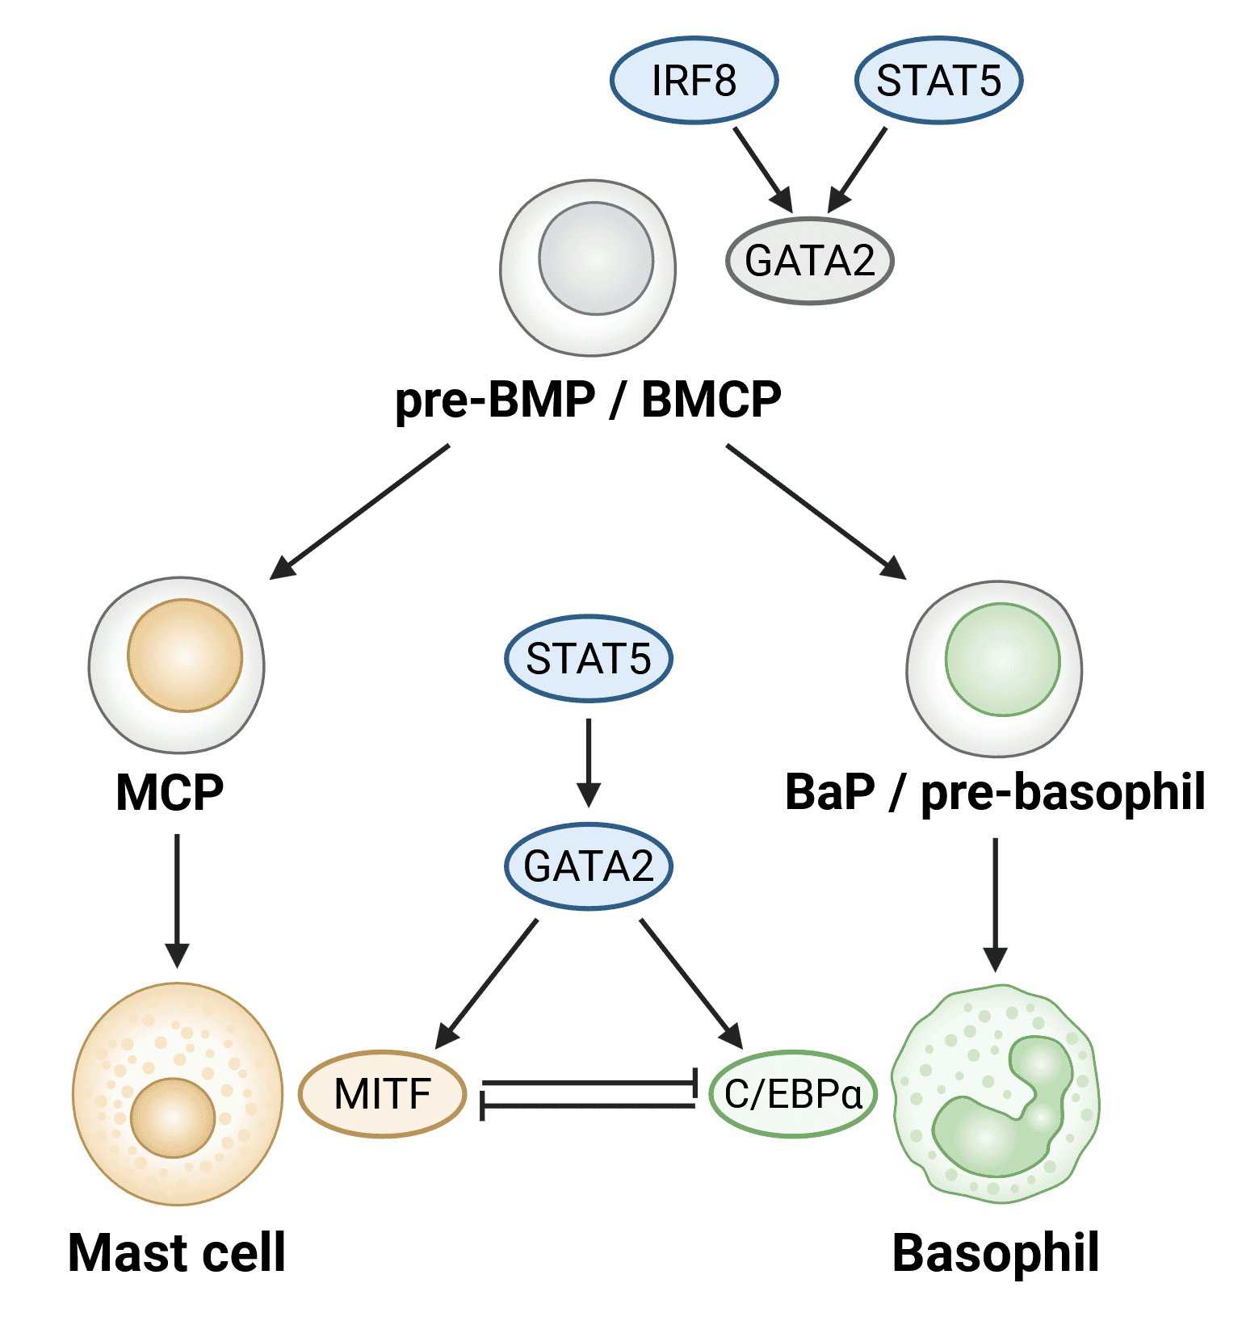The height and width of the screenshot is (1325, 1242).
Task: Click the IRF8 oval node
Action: (693, 81)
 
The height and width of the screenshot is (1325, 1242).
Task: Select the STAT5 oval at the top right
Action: (938, 81)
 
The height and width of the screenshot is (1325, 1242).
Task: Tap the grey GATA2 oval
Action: (809, 261)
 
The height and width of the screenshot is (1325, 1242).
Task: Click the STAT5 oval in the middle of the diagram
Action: (588, 659)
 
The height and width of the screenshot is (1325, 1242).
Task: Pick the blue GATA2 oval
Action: (588, 866)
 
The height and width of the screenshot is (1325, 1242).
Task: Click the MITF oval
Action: (382, 1094)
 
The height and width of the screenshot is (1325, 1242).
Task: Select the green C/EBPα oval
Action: (793, 1094)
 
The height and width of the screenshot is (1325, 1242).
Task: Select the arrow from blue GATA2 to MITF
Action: (489, 982)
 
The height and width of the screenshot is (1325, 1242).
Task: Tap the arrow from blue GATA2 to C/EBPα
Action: (690, 982)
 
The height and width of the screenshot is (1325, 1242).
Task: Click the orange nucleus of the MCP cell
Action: (185, 656)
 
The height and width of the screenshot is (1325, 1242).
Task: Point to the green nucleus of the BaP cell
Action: (1002, 660)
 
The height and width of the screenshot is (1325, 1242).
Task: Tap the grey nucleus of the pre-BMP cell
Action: (596, 258)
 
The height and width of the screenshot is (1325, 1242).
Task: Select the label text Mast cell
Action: (177, 1253)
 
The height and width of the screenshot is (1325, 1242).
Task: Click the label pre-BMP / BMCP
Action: (588, 400)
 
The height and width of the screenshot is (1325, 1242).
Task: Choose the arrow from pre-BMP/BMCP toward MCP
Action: (360, 511)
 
